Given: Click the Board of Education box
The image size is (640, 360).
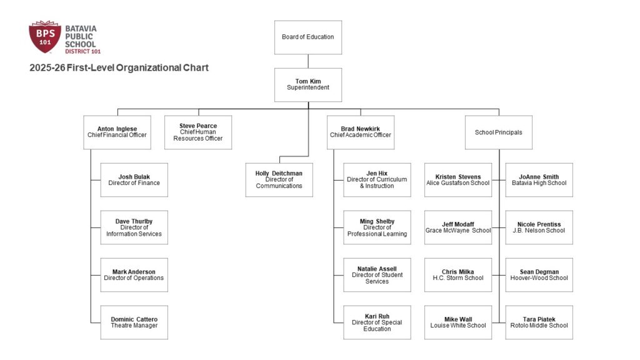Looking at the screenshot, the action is click(x=307, y=37).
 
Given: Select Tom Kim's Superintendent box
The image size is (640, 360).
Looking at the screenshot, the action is click(x=307, y=84).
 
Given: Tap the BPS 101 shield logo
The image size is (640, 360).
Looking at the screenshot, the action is click(x=45, y=37).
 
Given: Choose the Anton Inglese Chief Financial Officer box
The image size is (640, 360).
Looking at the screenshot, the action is click(x=117, y=132).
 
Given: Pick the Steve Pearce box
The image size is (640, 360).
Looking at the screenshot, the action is click(x=198, y=132).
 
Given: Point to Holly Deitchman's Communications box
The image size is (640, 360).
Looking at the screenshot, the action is click(x=279, y=180).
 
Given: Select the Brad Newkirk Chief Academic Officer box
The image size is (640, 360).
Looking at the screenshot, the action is click(x=361, y=132).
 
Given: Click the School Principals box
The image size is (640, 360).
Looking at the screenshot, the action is click(x=498, y=132).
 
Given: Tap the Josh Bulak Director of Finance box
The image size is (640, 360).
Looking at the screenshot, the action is click(x=134, y=180).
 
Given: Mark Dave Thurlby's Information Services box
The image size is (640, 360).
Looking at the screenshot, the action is click(x=134, y=227).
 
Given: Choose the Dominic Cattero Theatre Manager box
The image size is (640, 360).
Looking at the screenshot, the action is click(x=134, y=322).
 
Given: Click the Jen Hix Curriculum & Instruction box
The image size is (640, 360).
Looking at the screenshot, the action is click(x=377, y=180).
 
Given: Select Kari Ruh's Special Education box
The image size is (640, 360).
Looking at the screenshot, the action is click(x=377, y=322).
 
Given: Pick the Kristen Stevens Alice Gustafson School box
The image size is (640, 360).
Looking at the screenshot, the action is click(x=458, y=180).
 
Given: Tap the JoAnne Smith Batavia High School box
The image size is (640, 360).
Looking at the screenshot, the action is click(x=539, y=180).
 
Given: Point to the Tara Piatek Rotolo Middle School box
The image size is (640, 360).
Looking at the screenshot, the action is click(x=539, y=322).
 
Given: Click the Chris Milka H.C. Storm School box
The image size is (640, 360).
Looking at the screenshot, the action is click(x=458, y=275).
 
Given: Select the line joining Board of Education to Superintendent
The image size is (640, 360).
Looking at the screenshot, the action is click(x=308, y=61).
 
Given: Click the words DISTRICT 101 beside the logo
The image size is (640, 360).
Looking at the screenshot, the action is click(x=83, y=51).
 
